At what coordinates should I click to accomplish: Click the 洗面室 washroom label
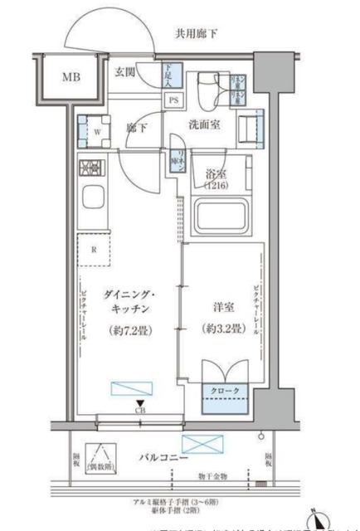coord(202,126)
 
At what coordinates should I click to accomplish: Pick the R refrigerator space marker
coord(95,249)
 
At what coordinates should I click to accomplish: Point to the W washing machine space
coord(96,129)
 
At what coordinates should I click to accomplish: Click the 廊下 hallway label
coord(137,128)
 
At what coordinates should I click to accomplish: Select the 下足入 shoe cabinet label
coord(168,76)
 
